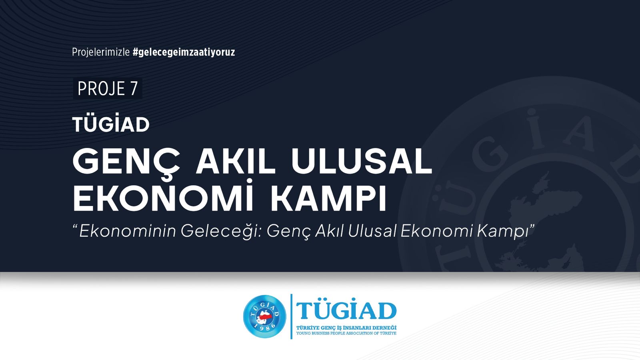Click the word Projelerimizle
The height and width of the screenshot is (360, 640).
point(101,52)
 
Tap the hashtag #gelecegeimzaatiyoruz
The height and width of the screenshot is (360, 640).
point(184,52)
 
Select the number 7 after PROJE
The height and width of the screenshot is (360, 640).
point(134,89)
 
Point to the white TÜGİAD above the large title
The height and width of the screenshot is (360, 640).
point(111,125)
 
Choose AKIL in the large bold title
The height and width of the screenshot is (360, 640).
point(235,162)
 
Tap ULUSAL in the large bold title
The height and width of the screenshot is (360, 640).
point(362,162)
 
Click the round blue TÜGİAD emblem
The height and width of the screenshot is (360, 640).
point(265,316)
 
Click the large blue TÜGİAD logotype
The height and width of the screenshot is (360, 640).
point(346,312)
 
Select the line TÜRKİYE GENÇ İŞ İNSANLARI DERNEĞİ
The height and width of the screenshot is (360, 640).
point(346,328)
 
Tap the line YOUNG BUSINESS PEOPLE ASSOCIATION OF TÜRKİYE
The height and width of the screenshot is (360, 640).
point(346,333)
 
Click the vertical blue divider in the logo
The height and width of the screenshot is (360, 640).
point(291,316)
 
